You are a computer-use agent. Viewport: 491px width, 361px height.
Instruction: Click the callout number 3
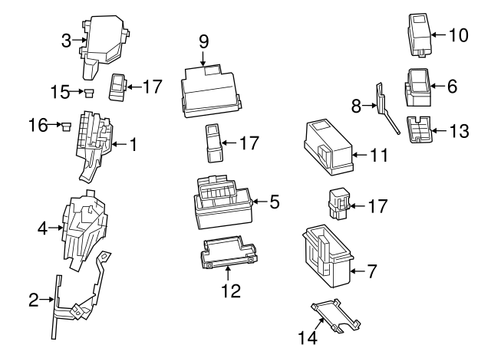66,41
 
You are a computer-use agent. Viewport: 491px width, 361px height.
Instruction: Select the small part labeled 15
89,93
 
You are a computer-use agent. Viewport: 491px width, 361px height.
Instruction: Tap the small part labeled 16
66,126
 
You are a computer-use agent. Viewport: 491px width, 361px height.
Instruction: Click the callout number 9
203,41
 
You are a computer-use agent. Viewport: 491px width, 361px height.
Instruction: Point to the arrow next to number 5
260,202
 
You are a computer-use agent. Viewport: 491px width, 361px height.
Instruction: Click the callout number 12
231,291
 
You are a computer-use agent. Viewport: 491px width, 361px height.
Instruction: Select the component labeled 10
419,35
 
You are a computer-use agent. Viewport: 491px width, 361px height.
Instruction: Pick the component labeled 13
418,130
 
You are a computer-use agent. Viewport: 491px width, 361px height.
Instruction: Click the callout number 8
356,106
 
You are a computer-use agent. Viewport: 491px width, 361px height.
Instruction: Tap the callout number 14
308,337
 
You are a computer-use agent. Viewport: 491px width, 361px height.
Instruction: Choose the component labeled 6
418,87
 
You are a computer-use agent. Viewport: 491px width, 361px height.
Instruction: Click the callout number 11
379,155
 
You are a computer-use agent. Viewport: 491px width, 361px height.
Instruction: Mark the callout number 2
34,300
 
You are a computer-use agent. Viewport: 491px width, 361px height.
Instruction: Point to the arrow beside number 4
56,228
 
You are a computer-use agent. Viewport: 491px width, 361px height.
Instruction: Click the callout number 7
371,271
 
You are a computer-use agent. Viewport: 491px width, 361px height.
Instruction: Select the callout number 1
133,144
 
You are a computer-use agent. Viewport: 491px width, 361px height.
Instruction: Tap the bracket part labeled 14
336,315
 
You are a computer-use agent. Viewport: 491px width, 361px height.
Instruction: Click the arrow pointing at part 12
228,274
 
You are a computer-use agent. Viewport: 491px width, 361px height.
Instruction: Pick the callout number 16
38,125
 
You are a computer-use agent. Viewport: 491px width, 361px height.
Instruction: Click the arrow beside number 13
438,130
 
